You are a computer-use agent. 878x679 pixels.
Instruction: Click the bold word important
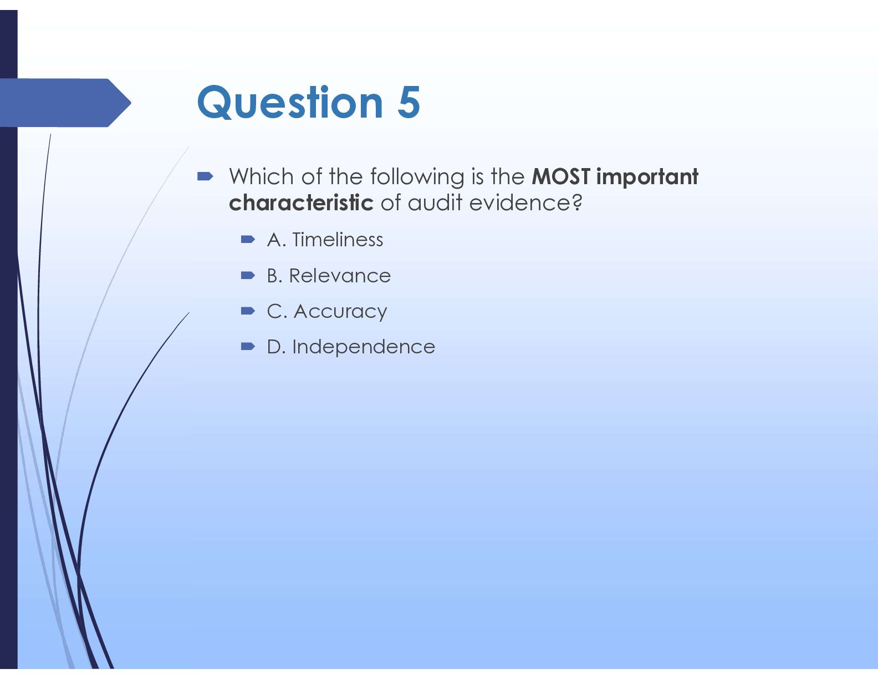[x=647, y=177]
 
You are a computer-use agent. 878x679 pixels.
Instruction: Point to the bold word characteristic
[x=301, y=202]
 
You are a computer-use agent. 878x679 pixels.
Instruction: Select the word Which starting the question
[x=262, y=176]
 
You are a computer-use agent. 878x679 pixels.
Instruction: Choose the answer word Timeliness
[x=338, y=240]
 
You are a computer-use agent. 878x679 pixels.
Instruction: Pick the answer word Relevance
[x=340, y=276]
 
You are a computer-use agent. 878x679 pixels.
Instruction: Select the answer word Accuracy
[x=340, y=312]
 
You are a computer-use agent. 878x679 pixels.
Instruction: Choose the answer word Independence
[x=364, y=347]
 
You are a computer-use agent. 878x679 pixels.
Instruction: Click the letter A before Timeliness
[x=274, y=240]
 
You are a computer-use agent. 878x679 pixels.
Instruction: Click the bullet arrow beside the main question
[x=205, y=176]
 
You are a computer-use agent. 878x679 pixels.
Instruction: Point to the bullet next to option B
[x=248, y=276]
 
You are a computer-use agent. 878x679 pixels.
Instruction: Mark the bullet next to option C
[x=248, y=311]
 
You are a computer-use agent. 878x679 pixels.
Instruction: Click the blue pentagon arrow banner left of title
[x=65, y=103]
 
